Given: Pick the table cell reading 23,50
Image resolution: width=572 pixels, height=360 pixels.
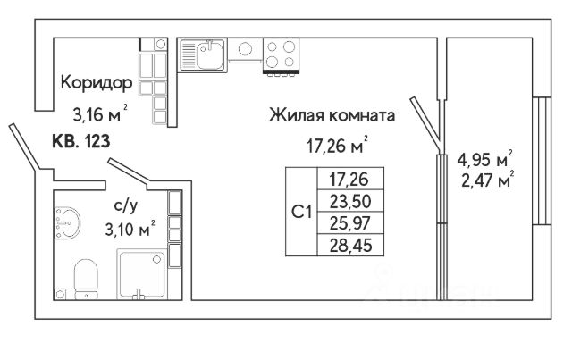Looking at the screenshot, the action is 343,199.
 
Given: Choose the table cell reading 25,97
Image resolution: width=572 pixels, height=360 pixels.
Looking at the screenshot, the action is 343,221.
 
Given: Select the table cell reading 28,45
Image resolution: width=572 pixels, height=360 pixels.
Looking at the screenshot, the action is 343,242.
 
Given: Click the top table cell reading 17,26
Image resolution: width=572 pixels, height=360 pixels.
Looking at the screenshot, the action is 343,179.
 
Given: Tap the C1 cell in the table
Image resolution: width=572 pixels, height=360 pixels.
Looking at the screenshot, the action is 301,211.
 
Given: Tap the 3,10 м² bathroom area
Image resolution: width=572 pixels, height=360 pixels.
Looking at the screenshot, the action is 125,228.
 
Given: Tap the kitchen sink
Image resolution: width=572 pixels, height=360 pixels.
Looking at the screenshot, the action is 206,55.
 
